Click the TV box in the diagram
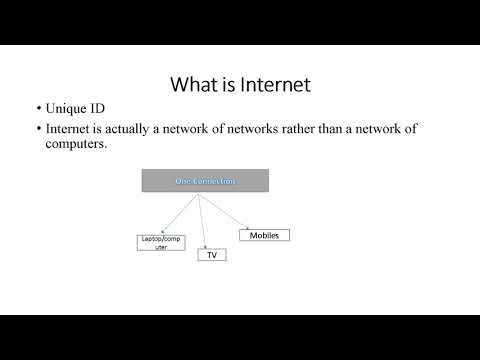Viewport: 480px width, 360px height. coord(211,255)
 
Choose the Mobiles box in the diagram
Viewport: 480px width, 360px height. coord(263,235)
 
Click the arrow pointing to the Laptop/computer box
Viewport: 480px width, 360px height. coord(178,213)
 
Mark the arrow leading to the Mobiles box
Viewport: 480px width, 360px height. coord(226,212)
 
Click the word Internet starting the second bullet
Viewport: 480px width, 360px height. coord(68,129)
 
